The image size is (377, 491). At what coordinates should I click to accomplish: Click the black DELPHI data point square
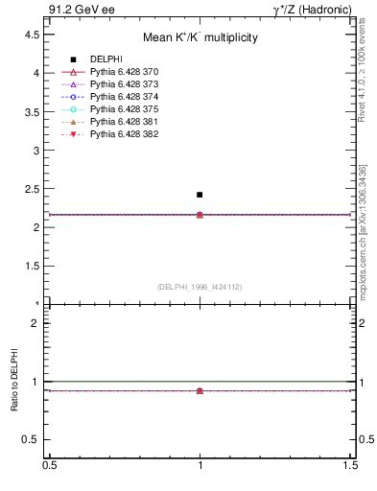click(200, 195)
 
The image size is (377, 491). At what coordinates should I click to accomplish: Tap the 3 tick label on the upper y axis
click(35, 151)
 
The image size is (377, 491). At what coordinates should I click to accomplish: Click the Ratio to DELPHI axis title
click(15, 381)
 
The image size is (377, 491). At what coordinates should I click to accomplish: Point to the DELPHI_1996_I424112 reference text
click(200, 286)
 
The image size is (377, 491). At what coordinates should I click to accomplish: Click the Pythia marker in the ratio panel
click(200, 390)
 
